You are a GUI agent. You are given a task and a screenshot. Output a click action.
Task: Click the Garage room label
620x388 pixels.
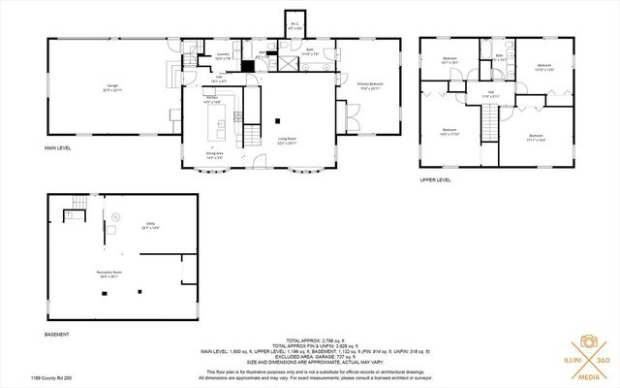click(112, 86)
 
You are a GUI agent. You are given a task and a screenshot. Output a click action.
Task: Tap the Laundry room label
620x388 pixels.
click(222, 56)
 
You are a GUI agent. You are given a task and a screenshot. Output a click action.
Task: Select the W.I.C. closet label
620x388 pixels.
click(294, 26)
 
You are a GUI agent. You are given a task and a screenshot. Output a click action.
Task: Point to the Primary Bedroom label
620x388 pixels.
click(369, 85)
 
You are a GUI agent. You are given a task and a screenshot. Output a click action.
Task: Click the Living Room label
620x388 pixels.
click(287, 142)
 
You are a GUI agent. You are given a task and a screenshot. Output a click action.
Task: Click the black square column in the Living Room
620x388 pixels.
click(278, 121)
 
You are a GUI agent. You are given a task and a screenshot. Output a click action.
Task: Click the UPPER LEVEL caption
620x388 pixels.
click(436, 179)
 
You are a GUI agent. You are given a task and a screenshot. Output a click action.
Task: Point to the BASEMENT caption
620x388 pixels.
click(57, 335)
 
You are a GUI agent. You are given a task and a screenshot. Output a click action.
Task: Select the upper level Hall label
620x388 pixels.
click(490, 94)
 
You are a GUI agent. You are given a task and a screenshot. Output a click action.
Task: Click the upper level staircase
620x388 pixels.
click(488, 120)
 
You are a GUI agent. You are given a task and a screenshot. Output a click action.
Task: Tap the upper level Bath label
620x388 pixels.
click(499, 55)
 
